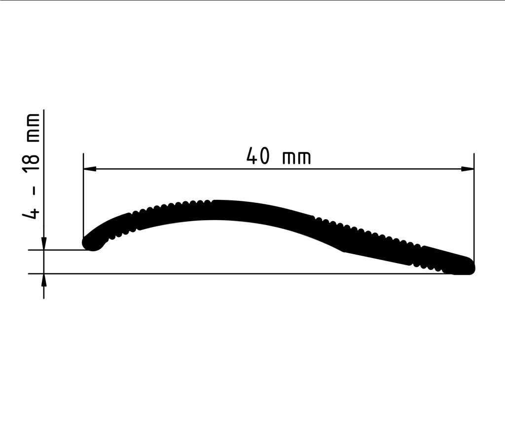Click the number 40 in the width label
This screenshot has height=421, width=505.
click(258, 157)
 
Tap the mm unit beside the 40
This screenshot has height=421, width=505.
click(296, 158)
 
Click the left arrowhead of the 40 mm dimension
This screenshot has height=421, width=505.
click(89, 169)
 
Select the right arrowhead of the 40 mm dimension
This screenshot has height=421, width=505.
click(468, 169)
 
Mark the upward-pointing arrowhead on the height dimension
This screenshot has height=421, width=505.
click(44, 279)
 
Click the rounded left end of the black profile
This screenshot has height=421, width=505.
click(92, 242)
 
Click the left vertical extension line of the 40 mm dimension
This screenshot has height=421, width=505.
click(83, 197)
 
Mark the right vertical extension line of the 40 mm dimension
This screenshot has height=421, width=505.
click(474, 207)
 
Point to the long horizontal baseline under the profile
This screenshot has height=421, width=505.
click(247, 273)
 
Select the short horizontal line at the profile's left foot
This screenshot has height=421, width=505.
click(59, 250)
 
